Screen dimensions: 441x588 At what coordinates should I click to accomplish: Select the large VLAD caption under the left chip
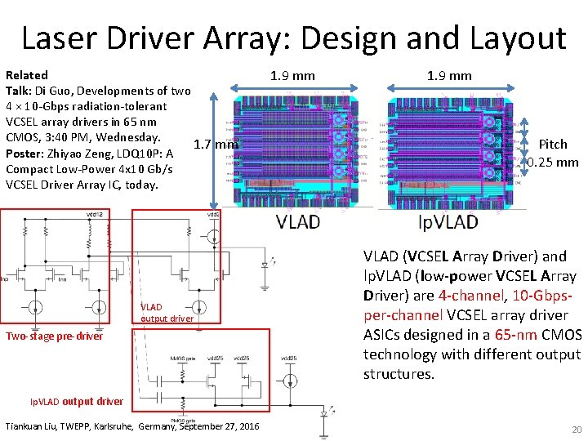298,221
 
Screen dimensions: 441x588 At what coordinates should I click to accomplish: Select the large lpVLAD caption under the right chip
448,221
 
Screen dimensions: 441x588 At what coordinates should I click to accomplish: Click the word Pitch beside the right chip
553,145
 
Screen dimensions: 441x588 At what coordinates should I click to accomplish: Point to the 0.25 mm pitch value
553,162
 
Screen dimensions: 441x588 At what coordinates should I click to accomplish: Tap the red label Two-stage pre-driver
55,336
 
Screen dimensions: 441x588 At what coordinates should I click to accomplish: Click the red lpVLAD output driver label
77,401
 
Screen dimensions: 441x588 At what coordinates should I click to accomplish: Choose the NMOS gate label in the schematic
183,359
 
